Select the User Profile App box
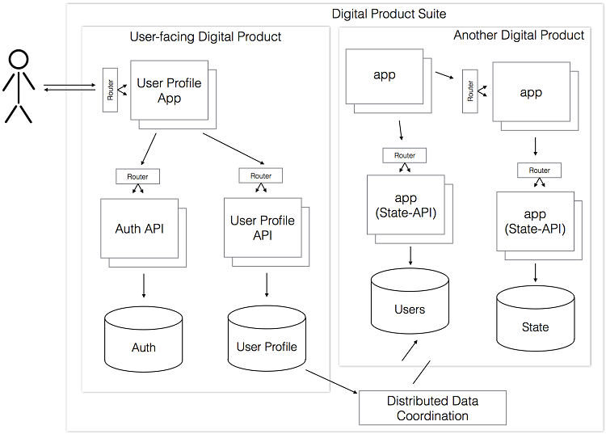169,90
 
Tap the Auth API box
139,229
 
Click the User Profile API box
262,227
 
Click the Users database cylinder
410,303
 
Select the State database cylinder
535,321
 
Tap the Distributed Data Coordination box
432,408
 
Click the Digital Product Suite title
389,14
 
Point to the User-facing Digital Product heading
205,36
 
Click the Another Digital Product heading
519,36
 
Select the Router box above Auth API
137,175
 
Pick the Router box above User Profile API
261,175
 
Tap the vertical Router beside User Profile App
110,90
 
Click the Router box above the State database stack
539,171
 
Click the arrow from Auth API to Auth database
144,286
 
